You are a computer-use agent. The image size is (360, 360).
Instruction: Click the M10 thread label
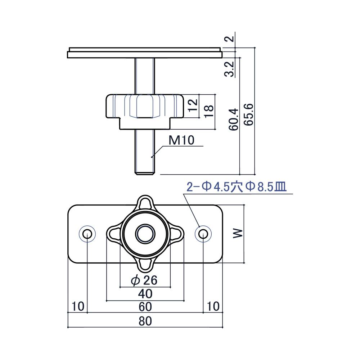[181, 140]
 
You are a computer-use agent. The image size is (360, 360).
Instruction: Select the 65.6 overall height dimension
[248, 114]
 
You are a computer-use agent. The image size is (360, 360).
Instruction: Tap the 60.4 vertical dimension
[234, 120]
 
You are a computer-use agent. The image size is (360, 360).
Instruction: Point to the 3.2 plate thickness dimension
[229, 69]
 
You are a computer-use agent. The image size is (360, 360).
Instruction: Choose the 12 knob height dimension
[192, 105]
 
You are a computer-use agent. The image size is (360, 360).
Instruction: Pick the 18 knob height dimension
[208, 111]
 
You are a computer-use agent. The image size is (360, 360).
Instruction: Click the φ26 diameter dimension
[144, 280]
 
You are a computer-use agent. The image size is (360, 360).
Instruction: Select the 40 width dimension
[145, 294]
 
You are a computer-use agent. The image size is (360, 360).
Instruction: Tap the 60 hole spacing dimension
[145, 307]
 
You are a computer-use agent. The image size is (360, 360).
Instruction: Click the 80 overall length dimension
[145, 321]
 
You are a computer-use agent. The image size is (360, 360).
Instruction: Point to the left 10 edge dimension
[78, 306]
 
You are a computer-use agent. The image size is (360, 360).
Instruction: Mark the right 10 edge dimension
[213, 306]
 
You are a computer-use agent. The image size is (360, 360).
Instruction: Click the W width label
[238, 234]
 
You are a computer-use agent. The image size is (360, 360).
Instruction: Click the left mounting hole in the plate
[87, 234]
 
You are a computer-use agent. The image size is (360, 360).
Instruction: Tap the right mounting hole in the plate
[203, 234]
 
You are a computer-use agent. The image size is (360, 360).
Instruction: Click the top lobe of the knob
[145, 203]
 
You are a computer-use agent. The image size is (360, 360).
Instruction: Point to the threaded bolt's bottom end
[145, 174]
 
